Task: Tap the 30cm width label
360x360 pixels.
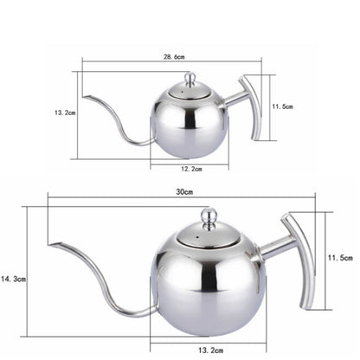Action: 183,192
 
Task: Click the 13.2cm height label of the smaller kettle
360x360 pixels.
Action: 64,112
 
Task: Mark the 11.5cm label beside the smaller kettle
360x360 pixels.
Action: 283,106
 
